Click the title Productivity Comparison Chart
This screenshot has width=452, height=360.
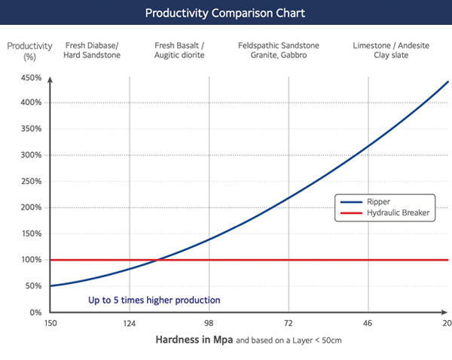click(225, 14)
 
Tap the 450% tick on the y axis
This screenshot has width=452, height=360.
click(31, 78)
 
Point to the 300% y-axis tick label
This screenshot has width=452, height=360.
click(31, 155)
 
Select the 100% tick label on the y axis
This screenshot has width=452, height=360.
click(31, 260)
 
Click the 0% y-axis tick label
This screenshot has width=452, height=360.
click(35, 312)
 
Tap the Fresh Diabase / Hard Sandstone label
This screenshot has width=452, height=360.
click(93, 50)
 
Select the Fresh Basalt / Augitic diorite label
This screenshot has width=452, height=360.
click(179, 50)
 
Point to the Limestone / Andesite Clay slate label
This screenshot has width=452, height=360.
click(380, 50)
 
